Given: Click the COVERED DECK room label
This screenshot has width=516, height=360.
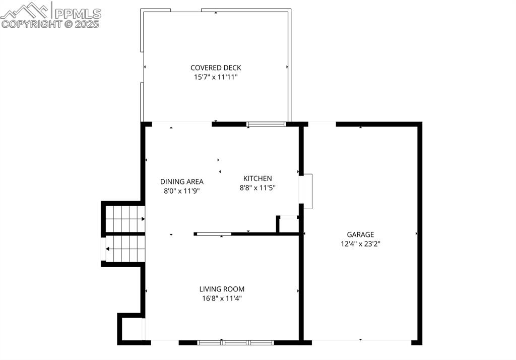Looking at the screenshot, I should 216,68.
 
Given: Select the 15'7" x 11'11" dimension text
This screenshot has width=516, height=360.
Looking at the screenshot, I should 216,77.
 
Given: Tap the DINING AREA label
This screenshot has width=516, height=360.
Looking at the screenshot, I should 182,182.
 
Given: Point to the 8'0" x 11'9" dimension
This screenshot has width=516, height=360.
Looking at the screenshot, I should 182,191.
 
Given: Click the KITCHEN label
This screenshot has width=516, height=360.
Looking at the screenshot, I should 257,178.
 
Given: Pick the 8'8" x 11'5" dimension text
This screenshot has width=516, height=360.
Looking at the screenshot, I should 257,188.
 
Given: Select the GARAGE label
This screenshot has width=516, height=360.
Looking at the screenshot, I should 360,234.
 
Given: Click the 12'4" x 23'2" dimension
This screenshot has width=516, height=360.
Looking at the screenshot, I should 360,244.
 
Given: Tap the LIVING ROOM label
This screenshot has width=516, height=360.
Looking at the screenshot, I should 222,289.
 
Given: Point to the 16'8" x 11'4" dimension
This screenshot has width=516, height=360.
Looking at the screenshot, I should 222,298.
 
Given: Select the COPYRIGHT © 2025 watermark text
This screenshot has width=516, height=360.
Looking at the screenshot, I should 50,24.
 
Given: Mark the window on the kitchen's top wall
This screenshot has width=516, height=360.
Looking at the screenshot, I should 266,124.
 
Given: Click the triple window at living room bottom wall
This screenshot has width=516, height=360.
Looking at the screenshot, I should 235,342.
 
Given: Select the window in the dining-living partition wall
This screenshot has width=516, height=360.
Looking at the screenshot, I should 214,234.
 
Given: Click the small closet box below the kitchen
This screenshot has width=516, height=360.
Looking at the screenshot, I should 289,224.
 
